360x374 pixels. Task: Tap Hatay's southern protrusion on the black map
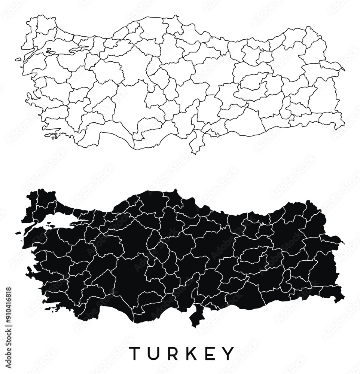pyautogui.click(x=195, y=318)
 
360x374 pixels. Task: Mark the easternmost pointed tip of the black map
pyautogui.click(x=343, y=243)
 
